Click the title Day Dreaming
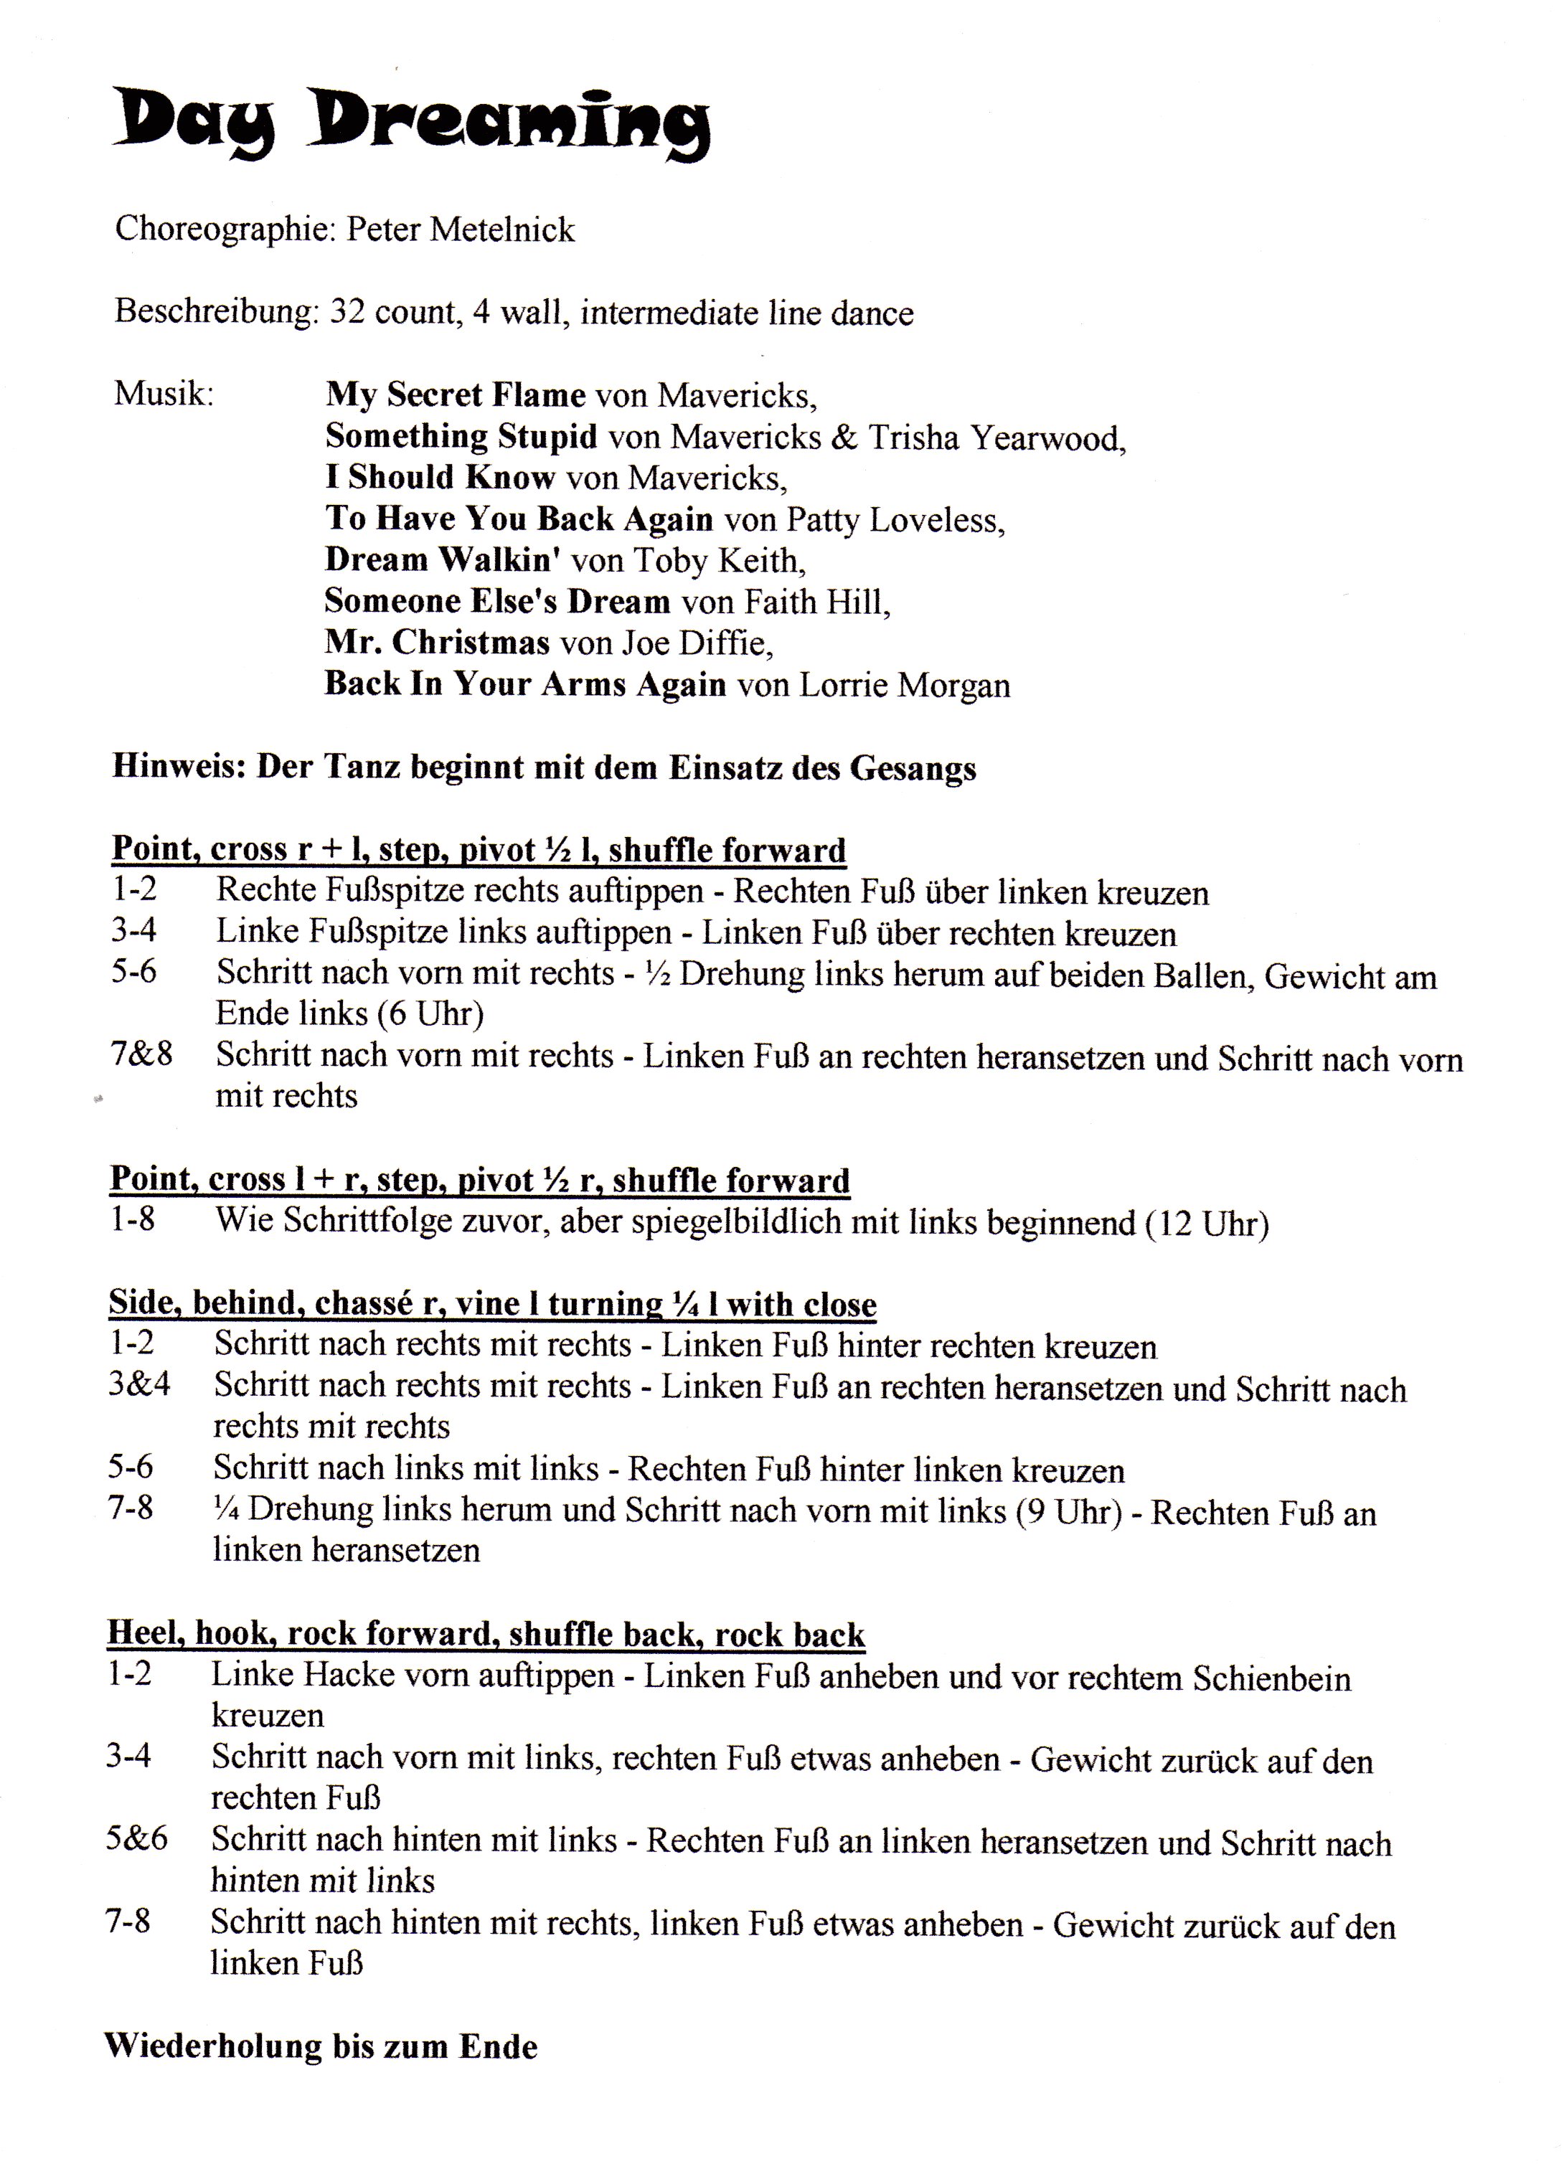pos(410,124)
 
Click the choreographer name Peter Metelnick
pos(460,230)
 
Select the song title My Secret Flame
pos(455,395)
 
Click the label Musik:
pos(164,393)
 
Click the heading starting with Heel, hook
pos(486,1635)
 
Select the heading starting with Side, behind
pos(492,1303)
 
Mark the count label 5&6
pos(136,1838)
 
